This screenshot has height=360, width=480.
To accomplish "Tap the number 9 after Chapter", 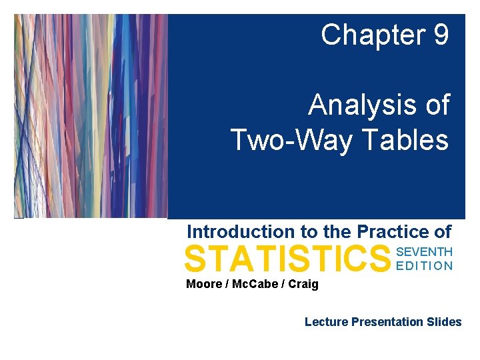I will click(440, 35).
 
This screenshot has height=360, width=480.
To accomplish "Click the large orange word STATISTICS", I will click(287, 259).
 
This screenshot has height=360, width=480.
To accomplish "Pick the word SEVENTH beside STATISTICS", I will click(425, 252).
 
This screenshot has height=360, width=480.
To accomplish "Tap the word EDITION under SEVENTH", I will click(425, 265).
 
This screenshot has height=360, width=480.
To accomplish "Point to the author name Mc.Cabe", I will click(255, 285).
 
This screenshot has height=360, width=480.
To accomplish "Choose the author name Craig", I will click(303, 285).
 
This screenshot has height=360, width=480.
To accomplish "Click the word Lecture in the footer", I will click(326, 322).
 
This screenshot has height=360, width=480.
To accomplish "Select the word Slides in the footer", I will click(445, 322).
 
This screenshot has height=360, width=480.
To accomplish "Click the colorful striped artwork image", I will click(91, 116).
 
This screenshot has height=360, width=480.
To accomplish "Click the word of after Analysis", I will click(436, 105).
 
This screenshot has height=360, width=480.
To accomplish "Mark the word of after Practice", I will click(443, 232).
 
